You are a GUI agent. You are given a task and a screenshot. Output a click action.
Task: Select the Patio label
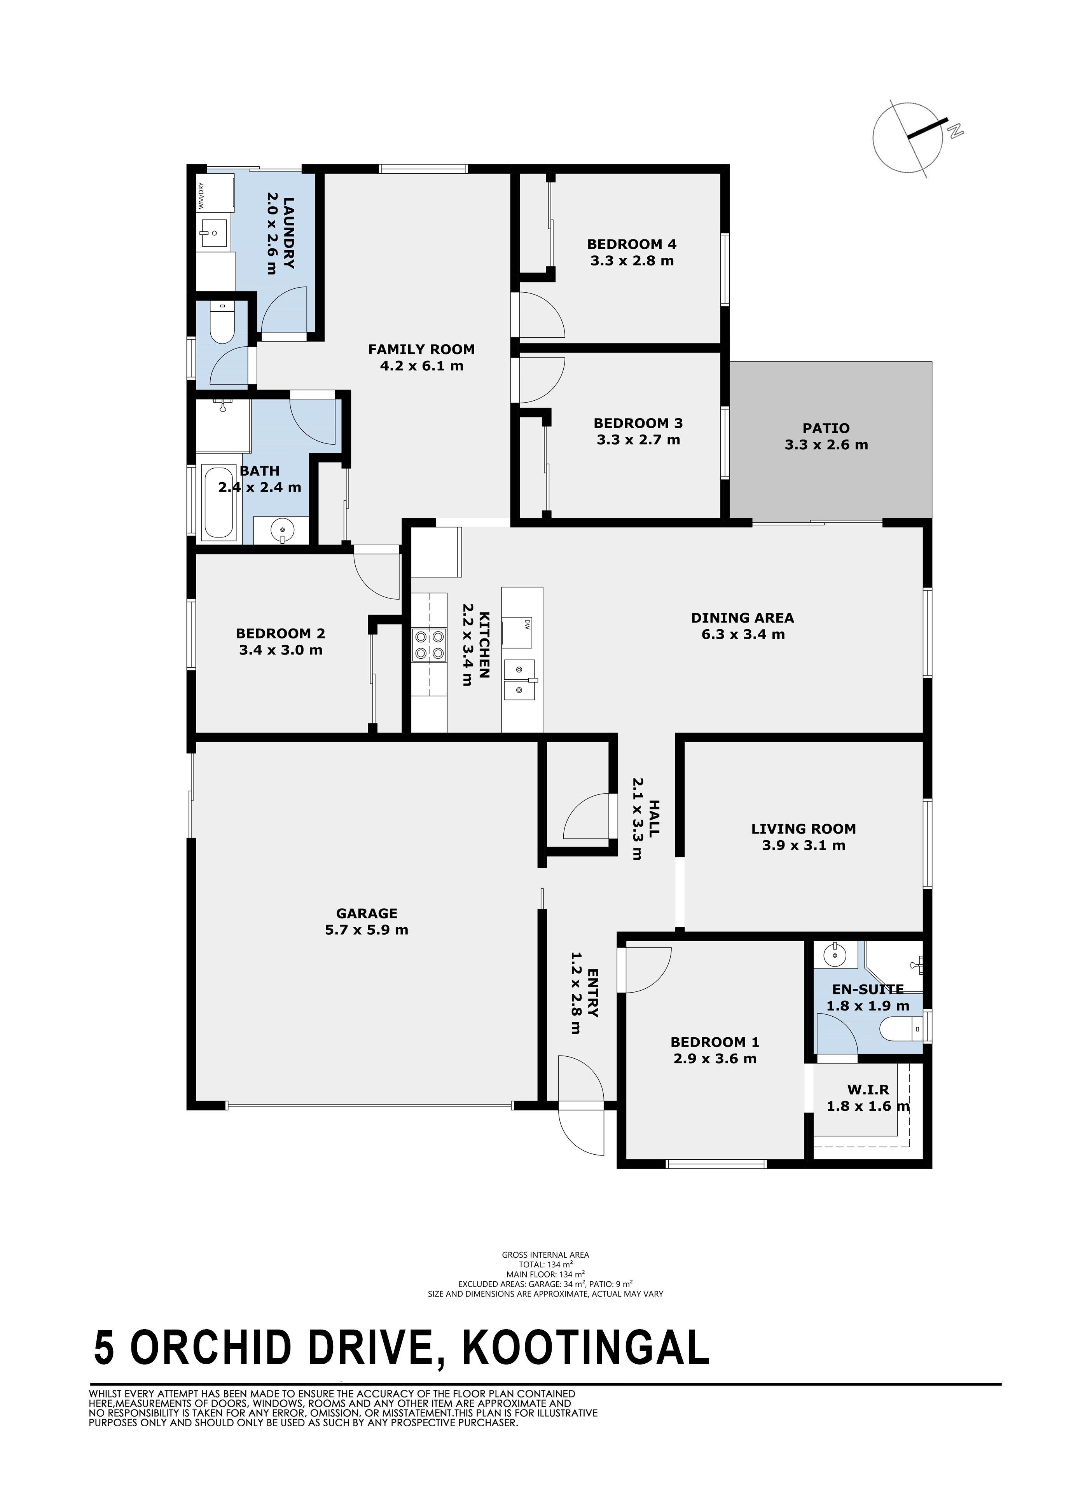click(x=826, y=428)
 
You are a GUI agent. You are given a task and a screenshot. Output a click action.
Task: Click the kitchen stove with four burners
click(x=429, y=645)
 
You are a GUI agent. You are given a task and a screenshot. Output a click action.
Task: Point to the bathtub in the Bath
click(x=218, y=504)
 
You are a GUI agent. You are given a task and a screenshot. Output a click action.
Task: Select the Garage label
click(x=367, y=913)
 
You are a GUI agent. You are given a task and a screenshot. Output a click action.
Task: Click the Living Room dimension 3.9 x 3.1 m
click(x=803, y=845)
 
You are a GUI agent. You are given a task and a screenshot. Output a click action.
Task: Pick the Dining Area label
click(x=743, y=618)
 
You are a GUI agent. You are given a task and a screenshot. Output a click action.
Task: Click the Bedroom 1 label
click(x=715, y=1042)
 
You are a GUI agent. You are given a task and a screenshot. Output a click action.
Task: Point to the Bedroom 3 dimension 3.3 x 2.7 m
click(x=638, y=440)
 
